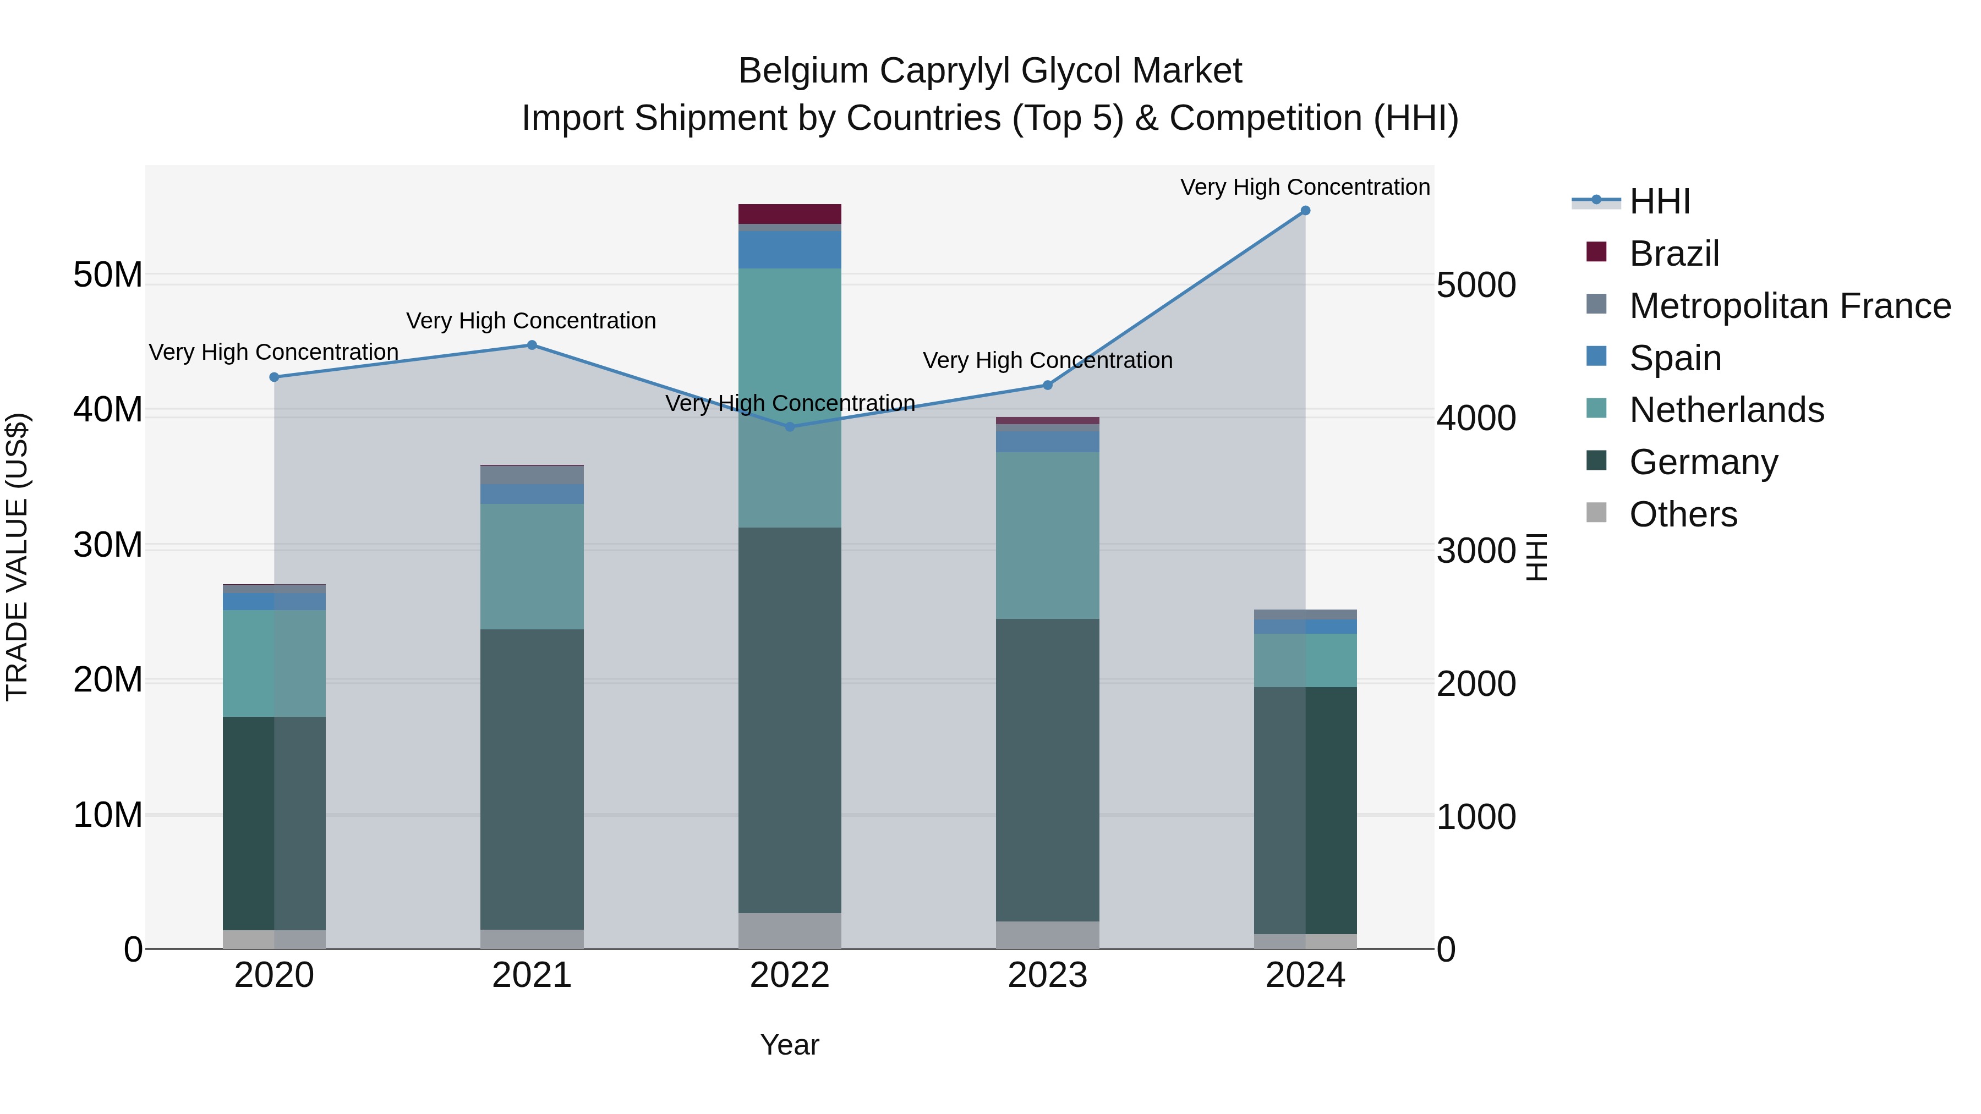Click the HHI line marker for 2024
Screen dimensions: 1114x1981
(x=1305, y=211)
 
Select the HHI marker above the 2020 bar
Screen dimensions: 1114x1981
(x=275, y=377)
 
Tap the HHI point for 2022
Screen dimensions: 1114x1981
(x=790, y=427)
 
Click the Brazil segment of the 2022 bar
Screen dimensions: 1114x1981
(x=790, y=214)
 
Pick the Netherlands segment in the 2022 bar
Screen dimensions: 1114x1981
(x=790, y=398)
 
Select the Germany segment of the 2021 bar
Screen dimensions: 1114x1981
(x=532, y=779)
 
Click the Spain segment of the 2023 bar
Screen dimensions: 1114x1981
(x=1047, y=441)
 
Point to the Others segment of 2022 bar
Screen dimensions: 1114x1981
(x=790, y=930)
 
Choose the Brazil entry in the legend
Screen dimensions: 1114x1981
(x=1673, y=254)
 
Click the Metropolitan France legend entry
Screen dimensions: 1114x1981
(x=1789, y=306)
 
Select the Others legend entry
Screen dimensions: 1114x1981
(x=1683, y=514)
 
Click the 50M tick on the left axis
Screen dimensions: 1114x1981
(x=108, y=275)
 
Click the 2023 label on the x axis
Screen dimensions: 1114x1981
(x=1047, y=975)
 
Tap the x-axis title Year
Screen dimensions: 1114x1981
(x=790, y=1045)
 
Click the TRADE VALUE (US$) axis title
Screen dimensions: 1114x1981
(x=17, y=557)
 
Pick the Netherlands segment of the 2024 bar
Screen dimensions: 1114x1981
(x=1305, y=660)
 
